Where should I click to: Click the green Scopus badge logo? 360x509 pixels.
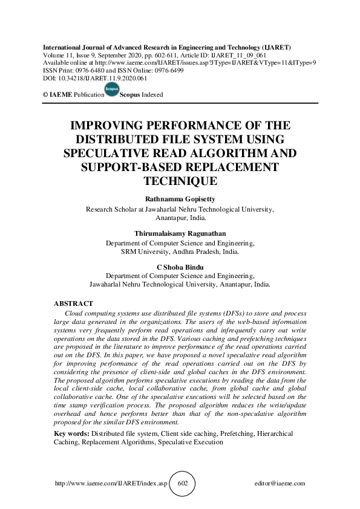[112, 91]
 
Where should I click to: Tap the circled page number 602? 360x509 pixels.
[183, 484]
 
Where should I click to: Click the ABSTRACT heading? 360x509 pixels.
[74, 303]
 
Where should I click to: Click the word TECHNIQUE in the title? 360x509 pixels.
[180, 180]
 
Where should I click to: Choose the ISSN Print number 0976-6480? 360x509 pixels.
[90, 70]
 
